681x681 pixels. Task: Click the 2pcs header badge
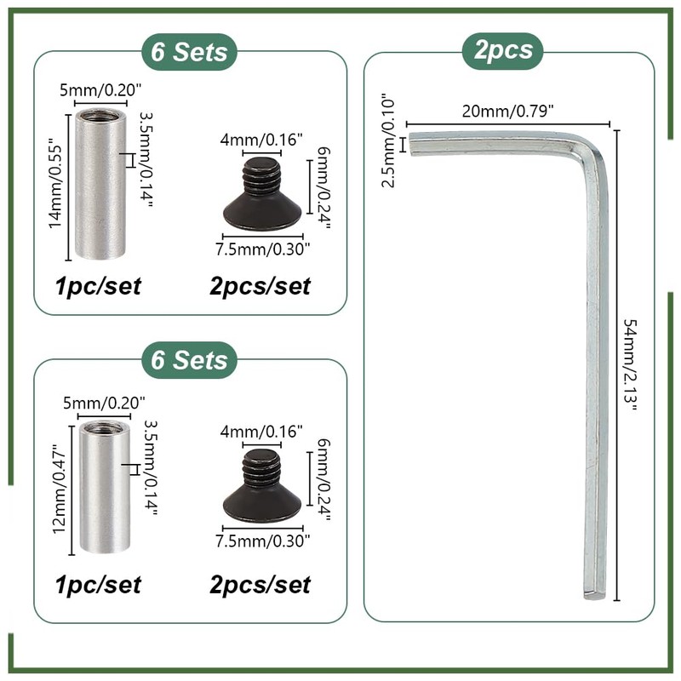[x=508, y=49]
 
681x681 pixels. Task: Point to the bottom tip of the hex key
[x=595, y=593]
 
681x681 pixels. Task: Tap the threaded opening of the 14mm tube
[x=100, y=114]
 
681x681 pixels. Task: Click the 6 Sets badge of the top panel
[x=190, y=51]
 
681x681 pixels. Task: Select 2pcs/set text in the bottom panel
[x=260, y=585]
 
